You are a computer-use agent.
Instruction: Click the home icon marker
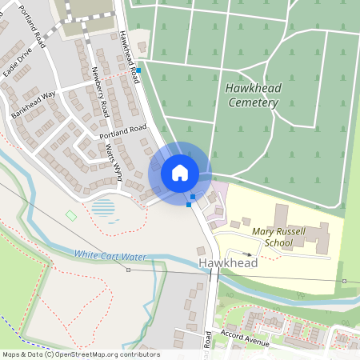180,172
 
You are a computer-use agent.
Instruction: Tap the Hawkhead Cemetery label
252,95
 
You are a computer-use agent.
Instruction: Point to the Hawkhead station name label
229,262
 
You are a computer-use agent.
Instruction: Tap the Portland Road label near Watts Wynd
123,132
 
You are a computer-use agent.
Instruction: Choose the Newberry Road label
100,93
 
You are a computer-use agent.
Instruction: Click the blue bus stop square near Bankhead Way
138,70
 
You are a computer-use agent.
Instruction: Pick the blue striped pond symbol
104,210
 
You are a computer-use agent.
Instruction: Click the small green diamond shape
71,215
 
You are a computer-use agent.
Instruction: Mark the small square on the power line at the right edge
344,282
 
